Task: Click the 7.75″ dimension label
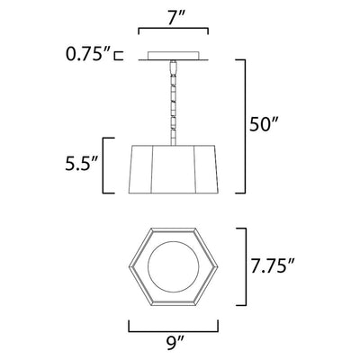point(272,266)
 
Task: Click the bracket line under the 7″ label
point(174,29)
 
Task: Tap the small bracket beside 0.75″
point(119,56)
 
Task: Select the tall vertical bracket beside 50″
point(245,127)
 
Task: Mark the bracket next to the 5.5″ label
point(103,166)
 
